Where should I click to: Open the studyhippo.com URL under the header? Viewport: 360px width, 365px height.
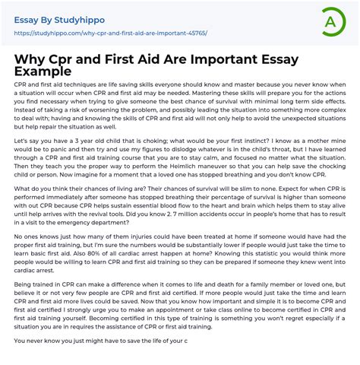pos(109,33)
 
